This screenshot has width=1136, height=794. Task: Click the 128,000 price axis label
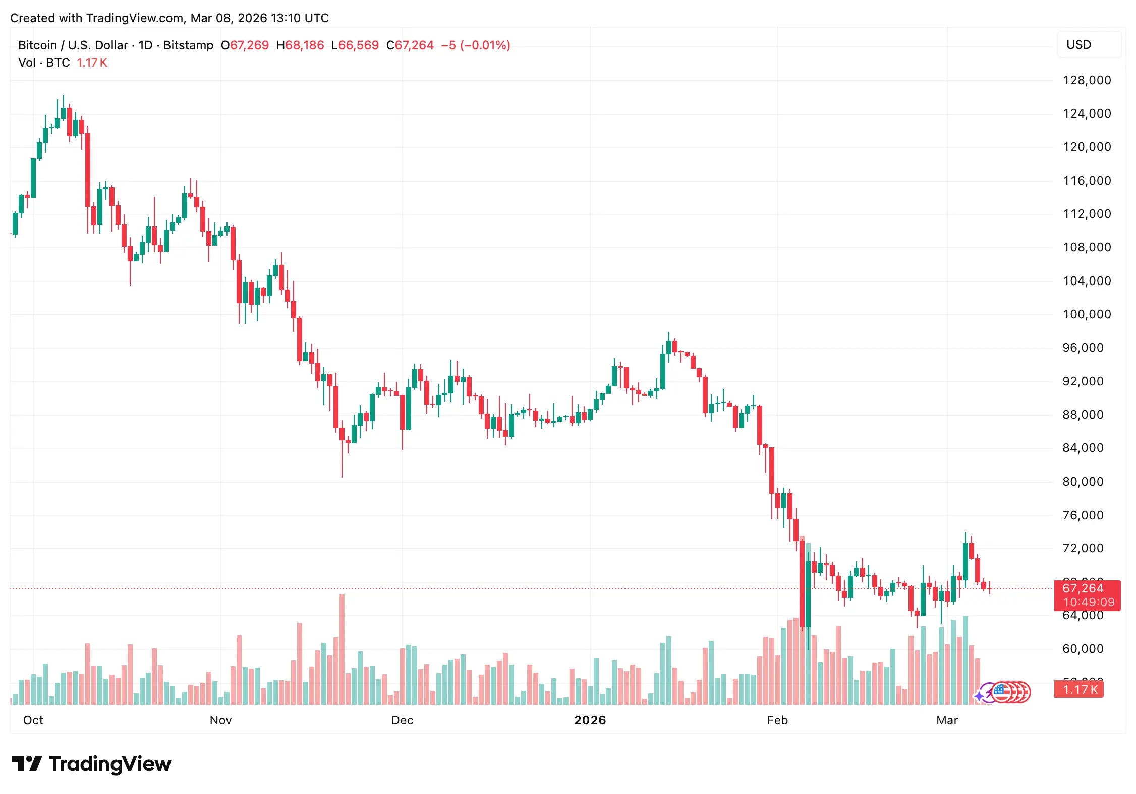click(1087, 80)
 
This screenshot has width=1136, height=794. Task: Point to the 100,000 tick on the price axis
click(1087, 314)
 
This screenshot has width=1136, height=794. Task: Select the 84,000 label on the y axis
click(1083, 448)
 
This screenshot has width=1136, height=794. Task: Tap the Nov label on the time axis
click(220, 720)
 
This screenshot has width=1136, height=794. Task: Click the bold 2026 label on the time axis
click(590, 720)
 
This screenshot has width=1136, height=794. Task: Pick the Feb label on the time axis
click(777, 720)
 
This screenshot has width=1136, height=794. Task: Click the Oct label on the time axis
click(33, 720)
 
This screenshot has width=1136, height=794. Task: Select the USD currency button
click(1078, 45)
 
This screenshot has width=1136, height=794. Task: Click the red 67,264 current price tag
click(1083, 588)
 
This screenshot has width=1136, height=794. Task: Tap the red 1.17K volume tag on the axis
click(1080, 690)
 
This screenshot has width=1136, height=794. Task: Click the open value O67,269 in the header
click(245, 45)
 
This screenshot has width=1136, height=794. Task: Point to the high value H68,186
click(300, 45)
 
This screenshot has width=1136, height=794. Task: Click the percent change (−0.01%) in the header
click(485, 45)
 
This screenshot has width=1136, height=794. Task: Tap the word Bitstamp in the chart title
click(188, 45)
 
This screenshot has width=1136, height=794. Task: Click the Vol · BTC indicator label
click(44, 63)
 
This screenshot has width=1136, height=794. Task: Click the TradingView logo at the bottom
click(91, 764)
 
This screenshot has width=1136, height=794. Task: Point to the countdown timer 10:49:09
click(1089, 602)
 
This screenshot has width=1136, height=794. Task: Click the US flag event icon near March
click(1002, 692)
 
